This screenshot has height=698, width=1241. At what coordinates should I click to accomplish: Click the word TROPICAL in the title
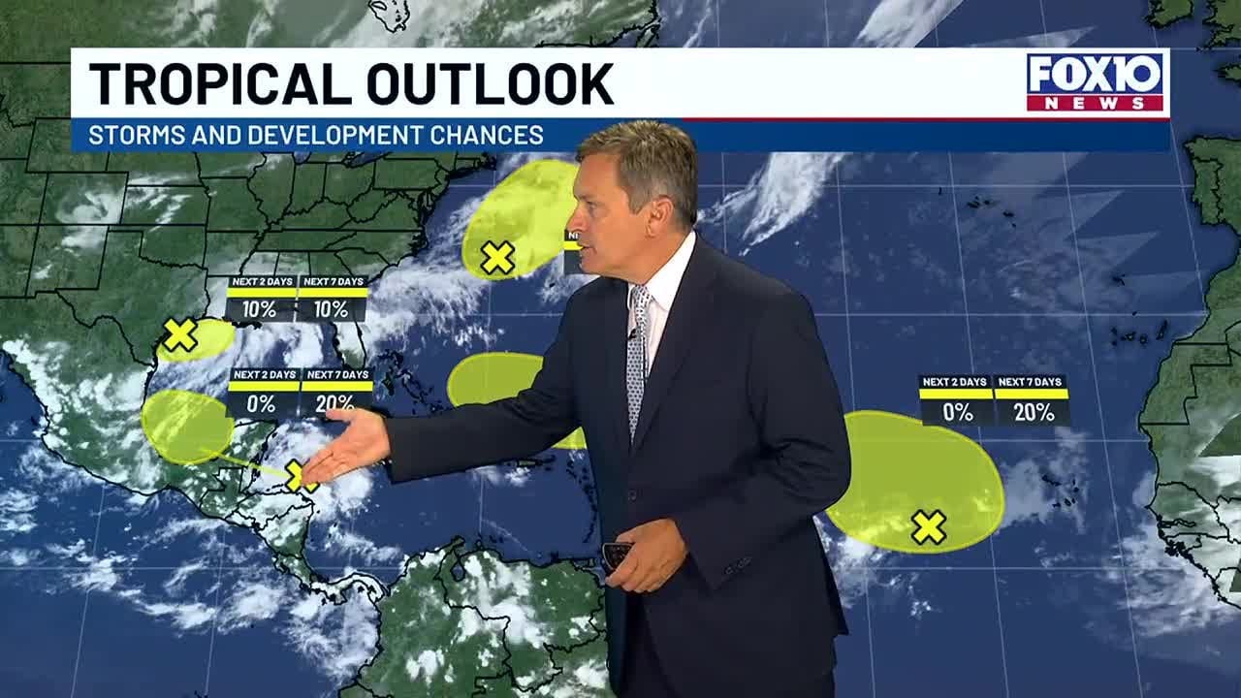coord(215,84)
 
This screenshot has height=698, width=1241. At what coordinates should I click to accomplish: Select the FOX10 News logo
coord(1097,82)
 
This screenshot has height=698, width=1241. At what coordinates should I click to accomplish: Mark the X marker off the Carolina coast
coord(497,258)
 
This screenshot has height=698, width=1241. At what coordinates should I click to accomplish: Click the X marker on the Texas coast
coord(180,335)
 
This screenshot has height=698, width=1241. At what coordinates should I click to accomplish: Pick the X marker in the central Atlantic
coord(928,527)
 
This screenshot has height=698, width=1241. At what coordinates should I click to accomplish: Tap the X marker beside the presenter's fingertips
coord(296,475)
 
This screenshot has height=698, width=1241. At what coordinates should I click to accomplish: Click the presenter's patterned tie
coord(637,359)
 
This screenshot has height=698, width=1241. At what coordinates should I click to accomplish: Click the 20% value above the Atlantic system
coord(1033,412)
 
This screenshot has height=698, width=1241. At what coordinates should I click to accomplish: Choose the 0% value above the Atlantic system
coord(957,412)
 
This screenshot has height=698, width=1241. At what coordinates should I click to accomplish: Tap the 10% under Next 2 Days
coord(261,309)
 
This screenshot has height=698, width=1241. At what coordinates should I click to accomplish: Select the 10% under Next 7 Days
coord(331,309)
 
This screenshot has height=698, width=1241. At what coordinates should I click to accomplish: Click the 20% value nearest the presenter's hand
coord(334,403)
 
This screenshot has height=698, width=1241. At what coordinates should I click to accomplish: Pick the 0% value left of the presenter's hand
coord(261,403)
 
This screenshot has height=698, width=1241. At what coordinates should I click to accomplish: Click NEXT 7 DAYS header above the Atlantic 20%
coord(1032,382)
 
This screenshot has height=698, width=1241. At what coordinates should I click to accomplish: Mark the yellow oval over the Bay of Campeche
coord(186,427)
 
